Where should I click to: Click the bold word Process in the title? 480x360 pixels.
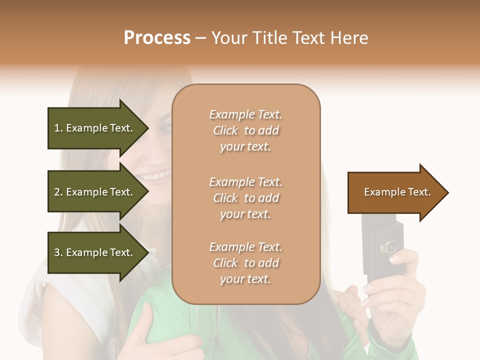click(x=157, y=38)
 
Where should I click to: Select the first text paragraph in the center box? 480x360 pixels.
click(x=245, y=130)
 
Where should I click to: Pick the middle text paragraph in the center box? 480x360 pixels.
click(x=245, y=197)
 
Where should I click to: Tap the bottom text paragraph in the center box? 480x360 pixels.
click(x=245, y=262)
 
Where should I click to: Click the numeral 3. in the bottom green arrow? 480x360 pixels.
click(x=58, y=252)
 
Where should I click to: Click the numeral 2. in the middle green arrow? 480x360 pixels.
click(x=58, y=192)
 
